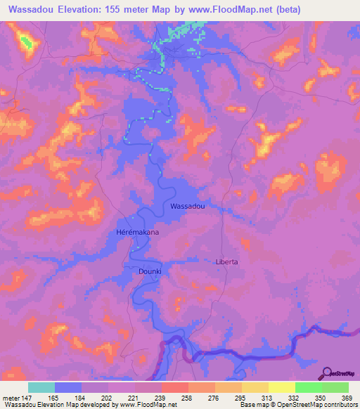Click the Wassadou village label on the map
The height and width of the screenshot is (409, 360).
[188, 206]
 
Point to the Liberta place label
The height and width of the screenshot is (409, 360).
[226, 261]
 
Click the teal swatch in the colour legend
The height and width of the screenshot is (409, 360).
[41, 387]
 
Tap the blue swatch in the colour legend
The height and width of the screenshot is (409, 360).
[68, 387]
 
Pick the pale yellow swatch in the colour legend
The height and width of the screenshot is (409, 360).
[281, 387]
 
